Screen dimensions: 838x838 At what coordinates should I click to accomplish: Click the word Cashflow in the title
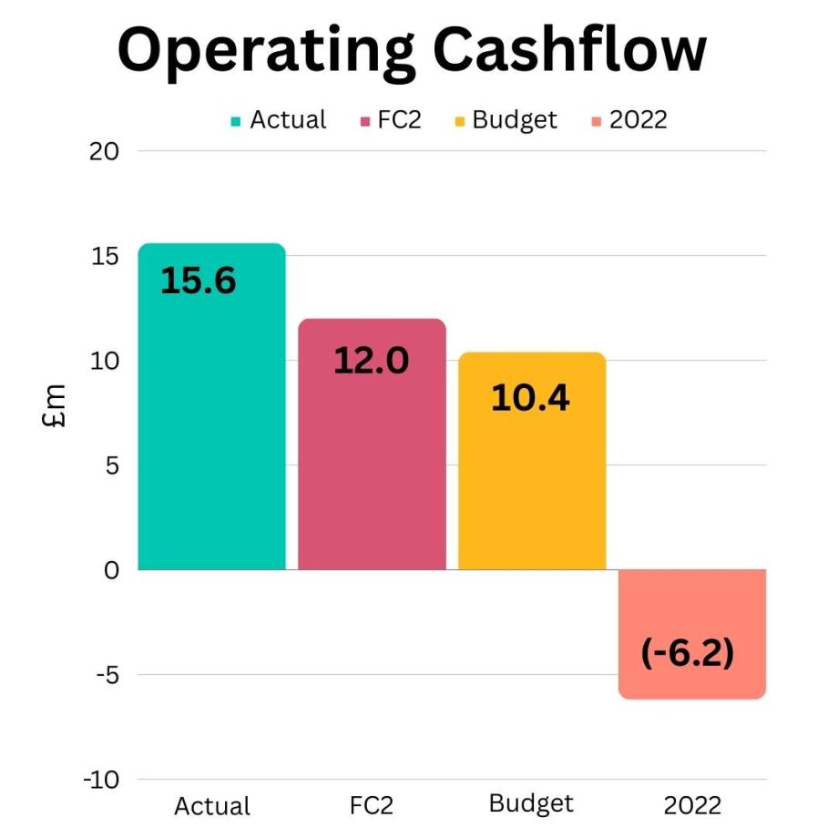coord(564,52)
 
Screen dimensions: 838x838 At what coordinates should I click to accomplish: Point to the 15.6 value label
coord(199,281)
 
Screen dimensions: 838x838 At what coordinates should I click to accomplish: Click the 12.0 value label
coord(371,361)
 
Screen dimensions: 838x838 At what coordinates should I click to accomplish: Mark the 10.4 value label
coord(530,397)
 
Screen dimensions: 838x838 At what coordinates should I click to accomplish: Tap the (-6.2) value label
coord(688,653)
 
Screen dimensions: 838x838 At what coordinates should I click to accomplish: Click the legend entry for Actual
coord(279,119)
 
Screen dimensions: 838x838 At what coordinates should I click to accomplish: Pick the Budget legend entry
coord(506,119)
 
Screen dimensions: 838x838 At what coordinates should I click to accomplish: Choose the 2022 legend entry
coord(628,119)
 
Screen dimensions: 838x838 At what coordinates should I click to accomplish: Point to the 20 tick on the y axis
coord(105,151)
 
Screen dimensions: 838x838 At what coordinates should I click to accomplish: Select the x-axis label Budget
coord(531,803)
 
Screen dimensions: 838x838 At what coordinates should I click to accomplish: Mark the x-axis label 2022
coord(692,805)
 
